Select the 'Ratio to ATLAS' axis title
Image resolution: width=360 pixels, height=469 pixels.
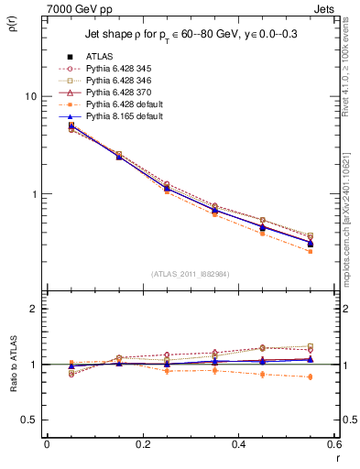pyautogui.click(x=14, y=365)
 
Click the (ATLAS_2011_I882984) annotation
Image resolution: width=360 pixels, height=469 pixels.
pyautogui.click(x=189, y=275)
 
